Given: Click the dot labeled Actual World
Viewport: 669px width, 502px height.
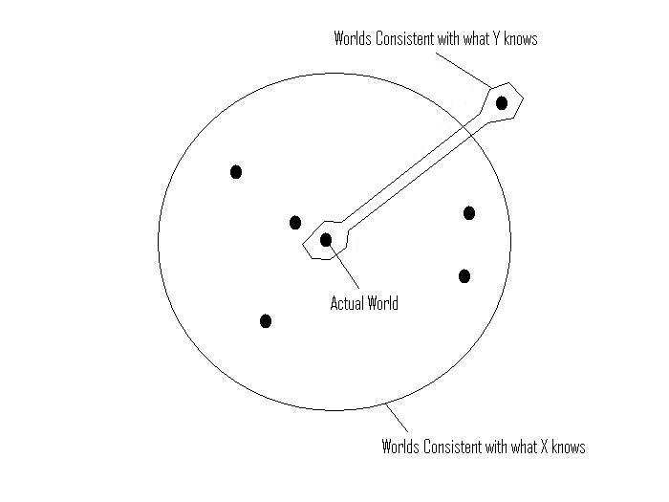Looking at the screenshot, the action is pyautogui.click(x=326, y=239).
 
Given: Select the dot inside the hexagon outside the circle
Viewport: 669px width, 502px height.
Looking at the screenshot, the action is pyautogui.click(x=502, y=102).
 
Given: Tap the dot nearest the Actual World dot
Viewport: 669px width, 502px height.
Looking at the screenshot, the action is pyautogui.click(x=295, y=223).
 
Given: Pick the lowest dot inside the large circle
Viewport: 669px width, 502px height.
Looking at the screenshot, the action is pyautogui.click(x=266, y=320).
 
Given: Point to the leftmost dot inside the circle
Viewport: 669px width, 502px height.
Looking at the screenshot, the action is pyautogui.click(x=236, y=172).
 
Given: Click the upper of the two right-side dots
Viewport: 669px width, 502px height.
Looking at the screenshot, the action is pyautogui.click(x=469, y=213).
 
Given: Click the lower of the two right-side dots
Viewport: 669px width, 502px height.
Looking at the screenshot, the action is pyautogui.click(x=464, y=276).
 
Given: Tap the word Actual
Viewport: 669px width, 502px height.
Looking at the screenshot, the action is pyautogui.click(x=346, y=304).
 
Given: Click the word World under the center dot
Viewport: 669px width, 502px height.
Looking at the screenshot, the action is pyautogui.click(x=381, y=304).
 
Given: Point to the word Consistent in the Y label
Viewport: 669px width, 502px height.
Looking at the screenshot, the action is pyautogui.click(x=407, y=39).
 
